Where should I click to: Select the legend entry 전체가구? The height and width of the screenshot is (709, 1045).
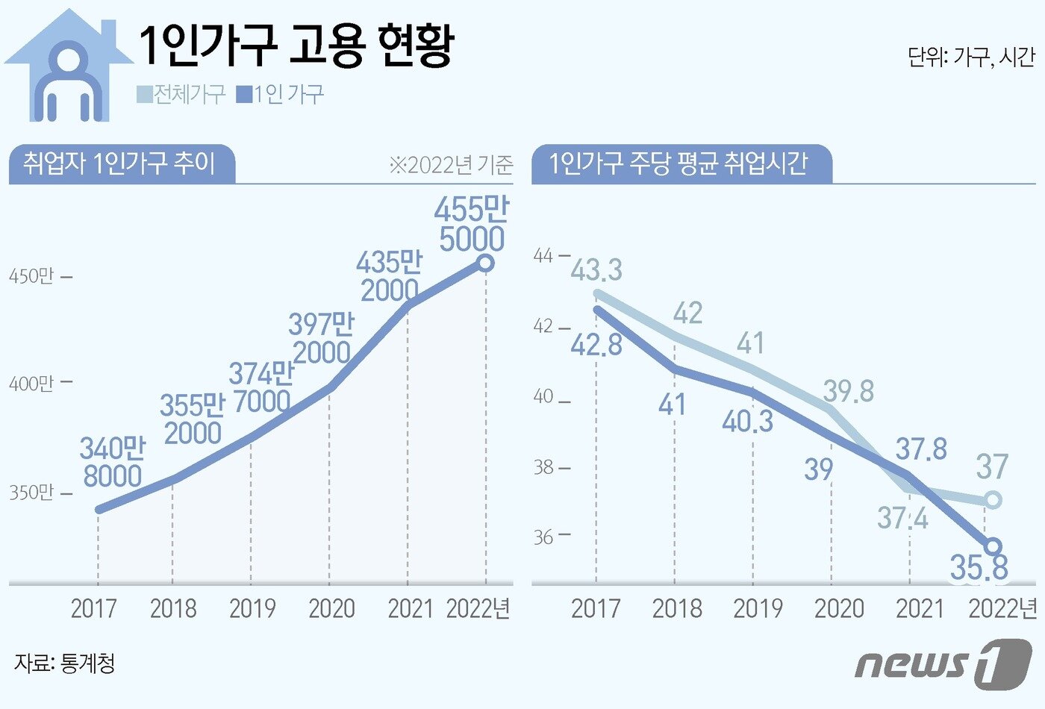181,95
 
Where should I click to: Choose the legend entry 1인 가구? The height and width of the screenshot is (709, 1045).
281,95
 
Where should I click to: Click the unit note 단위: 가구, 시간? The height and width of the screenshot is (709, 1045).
971,57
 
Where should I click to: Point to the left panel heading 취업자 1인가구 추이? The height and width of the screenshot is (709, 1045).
119,163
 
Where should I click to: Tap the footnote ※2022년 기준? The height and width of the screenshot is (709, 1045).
451,165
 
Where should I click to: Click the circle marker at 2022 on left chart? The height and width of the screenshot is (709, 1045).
485,263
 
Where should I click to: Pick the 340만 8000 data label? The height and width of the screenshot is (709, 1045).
113,462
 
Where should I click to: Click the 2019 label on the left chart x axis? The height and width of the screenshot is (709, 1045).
252,609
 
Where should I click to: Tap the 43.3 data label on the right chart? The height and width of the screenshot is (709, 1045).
596,270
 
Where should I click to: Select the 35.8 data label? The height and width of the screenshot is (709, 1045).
979,568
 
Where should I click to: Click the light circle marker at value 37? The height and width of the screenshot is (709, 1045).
992,500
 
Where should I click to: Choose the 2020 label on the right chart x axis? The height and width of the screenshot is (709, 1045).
839,609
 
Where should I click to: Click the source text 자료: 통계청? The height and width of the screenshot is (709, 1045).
64,663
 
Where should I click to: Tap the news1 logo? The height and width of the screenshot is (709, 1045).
943,663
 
